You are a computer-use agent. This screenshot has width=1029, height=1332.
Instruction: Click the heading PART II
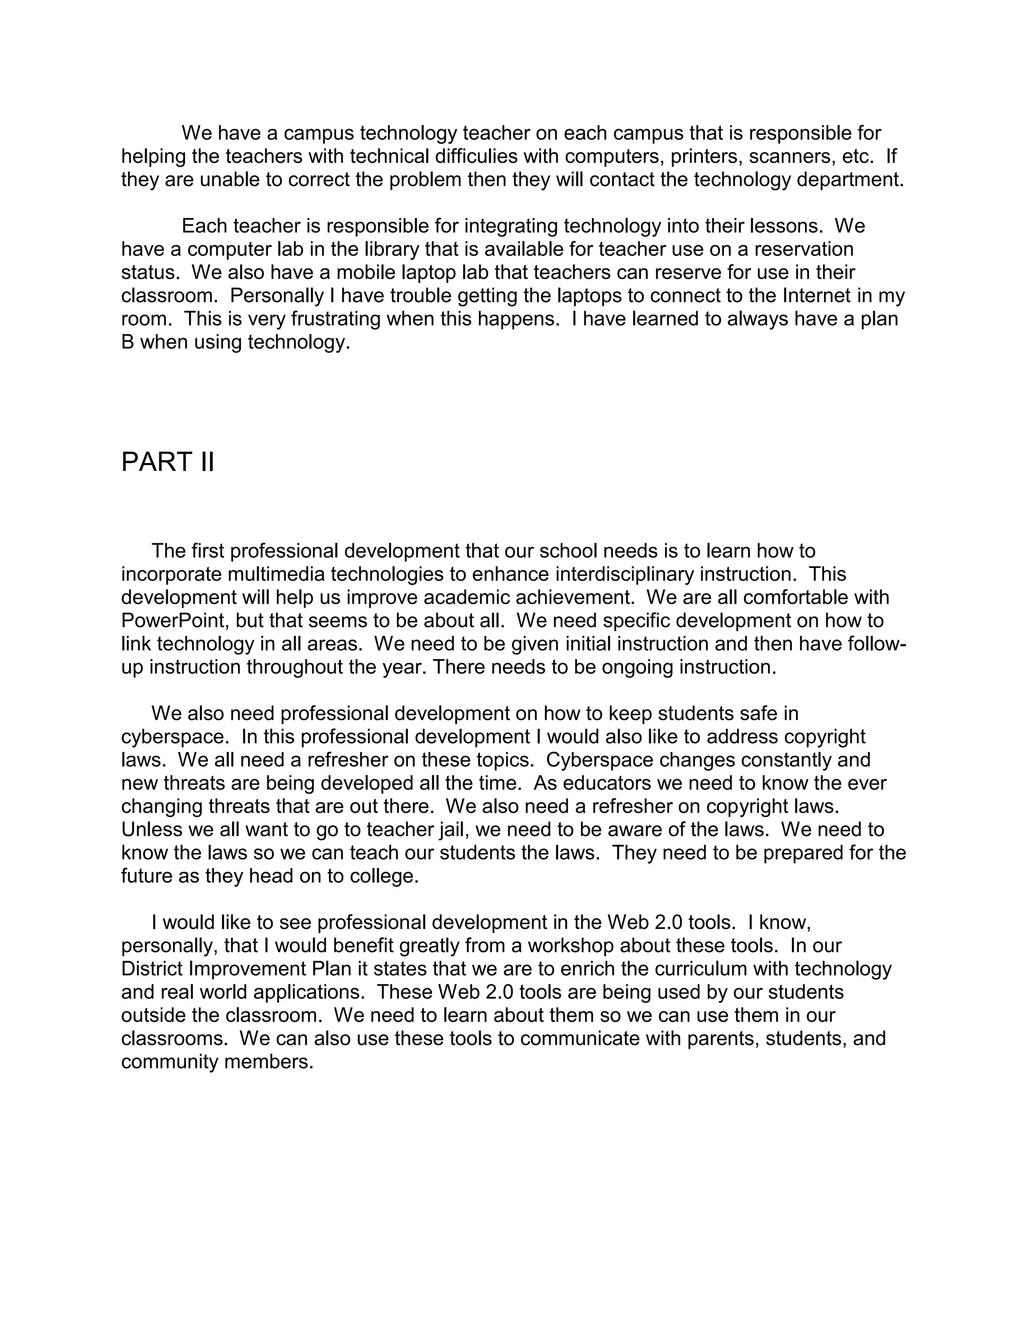(168, 462)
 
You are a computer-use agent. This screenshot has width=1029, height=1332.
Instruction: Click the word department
(851, 180)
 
